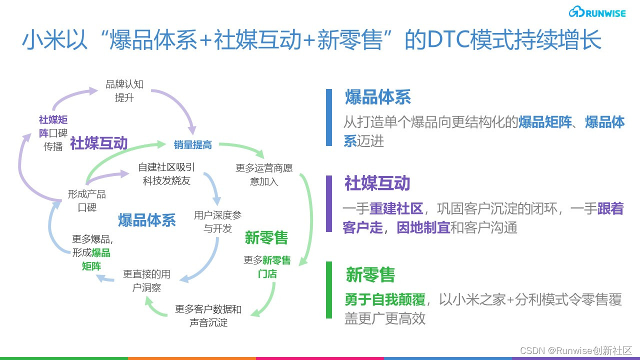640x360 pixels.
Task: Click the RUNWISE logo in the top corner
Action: [x=597, y=12]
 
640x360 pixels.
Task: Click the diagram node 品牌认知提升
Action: [x=124, y=91]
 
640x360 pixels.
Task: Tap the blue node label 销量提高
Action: [x=193, y=145]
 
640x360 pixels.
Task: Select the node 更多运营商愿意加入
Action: [x=264, y=174]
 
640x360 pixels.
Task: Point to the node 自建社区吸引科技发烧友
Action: [x=166, y=174]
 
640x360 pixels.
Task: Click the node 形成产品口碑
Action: [x=87, y=200]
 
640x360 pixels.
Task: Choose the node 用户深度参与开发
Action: [x=217, y=221]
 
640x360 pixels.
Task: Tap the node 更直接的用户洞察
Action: [x=146, y=280]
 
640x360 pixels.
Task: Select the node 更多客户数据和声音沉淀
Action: [x=208, y=315]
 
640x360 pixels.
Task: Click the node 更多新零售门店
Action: [x=267, y=266]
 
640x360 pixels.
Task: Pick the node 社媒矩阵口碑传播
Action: [x=53, y=133]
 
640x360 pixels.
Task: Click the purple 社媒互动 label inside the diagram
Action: [x=99, y=143]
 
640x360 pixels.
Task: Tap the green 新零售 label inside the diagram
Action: [x=266, y=237]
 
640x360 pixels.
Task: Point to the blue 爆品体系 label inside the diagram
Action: [x=147, y=220]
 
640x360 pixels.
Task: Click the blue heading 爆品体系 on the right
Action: [x=377, y=97]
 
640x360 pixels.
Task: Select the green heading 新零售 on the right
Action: [x=370, y=274]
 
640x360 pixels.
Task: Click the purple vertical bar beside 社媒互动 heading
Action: [x=329, y=203]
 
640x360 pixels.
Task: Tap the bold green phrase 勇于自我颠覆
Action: [x=385, y=299]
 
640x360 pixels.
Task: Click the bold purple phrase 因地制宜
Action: [x=423, y=227]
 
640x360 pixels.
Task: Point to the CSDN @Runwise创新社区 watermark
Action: [x=576, y=350]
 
